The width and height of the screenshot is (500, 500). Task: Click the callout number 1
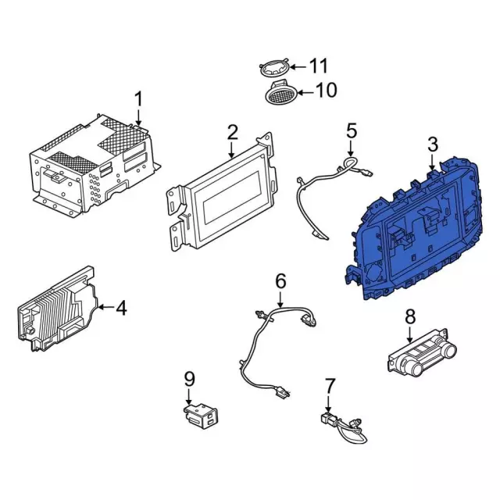click(x=138, y=99)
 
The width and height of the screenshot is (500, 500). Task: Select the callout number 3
click(x=432, y=144)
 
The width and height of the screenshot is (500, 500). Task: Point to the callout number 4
click(x=121, y=308)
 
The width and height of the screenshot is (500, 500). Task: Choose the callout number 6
click(x=280, y=281)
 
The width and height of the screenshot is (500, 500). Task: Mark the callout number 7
click(x=330, y=385)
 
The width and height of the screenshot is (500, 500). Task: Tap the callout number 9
click(x=189, y=379)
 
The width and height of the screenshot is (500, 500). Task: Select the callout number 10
click(x=326, y=90)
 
